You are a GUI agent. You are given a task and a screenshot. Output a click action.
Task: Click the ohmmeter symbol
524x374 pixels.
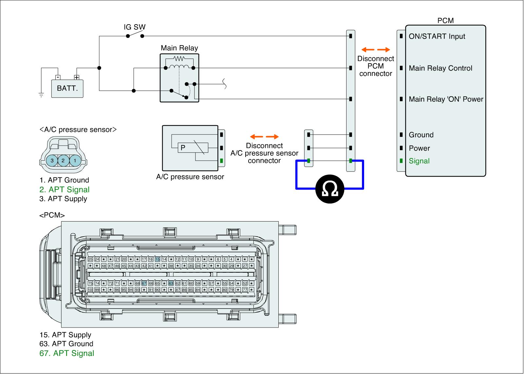pyautogui.click(x=330, y=189)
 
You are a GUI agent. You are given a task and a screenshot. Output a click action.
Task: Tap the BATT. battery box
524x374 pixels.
pyautogui.click(x=67, y=88)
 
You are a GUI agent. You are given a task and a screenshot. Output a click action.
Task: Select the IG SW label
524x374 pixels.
pyautogui.click(x=134, y=27)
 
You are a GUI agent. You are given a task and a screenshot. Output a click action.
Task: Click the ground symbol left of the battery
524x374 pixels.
pyautogui.click(x=41, y=95)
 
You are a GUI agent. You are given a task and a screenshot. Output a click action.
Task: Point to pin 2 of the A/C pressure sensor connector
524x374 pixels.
pyautogui.click(x=63, y=161)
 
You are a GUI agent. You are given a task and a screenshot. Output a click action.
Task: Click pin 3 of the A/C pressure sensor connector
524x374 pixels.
pyautogui.click(x=52, y=161)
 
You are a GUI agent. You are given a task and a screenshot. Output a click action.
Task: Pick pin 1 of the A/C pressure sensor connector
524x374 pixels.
pyautogui.click(x=75, y=161)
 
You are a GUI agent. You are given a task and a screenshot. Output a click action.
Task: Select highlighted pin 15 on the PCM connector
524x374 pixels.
pyautogui.click(x=158, y=259)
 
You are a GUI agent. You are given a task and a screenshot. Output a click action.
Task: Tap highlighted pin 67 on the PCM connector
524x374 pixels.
pyautogui.click(x=144, y=283)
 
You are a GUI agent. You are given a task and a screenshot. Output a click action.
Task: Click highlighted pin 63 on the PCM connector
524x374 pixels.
pyautogui.click(x=171, y=283)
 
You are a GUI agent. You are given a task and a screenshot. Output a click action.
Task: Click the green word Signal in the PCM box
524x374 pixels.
pyautogui.click(x=419, y=161)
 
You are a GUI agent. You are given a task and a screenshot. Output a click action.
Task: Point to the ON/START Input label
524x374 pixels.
pyautogui.click(x=437, y=36)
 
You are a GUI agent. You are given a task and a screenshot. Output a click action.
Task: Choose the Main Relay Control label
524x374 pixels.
pyautogui.click(x=440, y=68)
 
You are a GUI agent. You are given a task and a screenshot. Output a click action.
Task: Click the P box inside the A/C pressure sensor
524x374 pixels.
pyautogui.click(x=183, y=148)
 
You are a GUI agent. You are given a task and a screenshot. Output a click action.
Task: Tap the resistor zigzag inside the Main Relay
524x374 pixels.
pyautogui.click(x=179, y=59)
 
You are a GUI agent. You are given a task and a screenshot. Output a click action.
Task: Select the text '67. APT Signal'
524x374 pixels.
pyautogui.click(x=67, y=353)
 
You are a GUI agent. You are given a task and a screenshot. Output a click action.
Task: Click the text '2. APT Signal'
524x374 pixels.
pyautogui.click(x=65, y=189)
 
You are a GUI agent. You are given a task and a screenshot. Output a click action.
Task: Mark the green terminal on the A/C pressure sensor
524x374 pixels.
pyautogui.click(x=222, y=161)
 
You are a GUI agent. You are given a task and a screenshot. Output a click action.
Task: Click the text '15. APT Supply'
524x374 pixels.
pyautogui.click(x=65, y=335)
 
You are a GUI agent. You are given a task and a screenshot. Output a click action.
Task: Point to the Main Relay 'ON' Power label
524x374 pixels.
pyautogui.click(x=446, y=99)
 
